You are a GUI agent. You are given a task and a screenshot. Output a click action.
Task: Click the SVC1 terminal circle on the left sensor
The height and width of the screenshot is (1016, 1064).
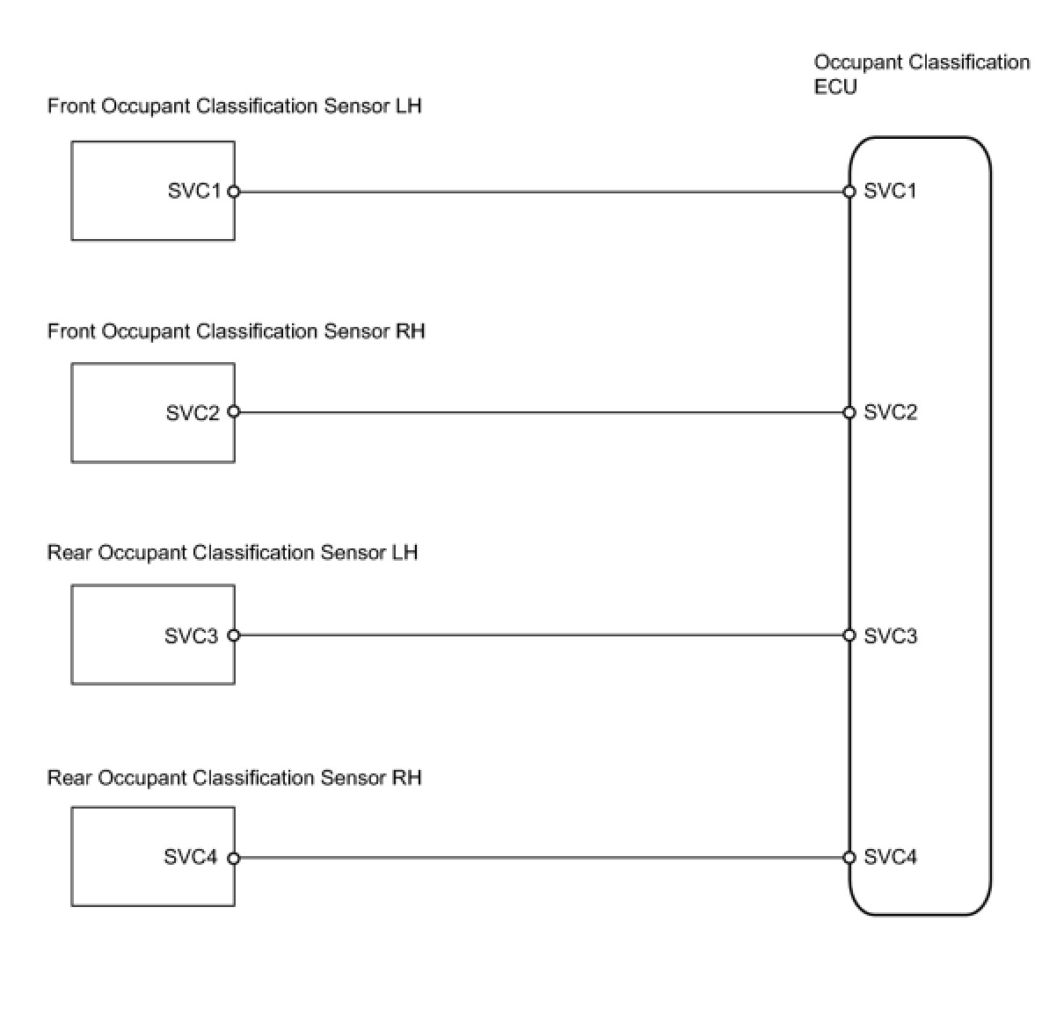pos(234,192)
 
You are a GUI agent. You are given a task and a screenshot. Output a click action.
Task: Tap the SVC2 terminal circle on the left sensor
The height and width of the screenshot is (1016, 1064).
pos(234,412)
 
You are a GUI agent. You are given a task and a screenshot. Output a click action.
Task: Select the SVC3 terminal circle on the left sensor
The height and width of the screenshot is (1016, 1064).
pos(234,635)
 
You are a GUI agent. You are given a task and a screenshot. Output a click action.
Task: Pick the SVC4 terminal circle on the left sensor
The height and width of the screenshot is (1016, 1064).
pos(234,858)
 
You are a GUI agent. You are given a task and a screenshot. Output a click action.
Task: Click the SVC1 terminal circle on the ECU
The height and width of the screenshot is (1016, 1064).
pos(849,192)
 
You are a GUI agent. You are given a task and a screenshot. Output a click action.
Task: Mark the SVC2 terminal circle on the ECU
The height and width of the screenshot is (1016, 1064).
pos(849,412)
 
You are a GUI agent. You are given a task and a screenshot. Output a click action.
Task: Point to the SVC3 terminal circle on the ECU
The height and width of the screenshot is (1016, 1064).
pos(849,635)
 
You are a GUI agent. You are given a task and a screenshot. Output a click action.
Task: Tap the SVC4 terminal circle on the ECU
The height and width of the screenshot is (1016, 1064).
pos(849,858)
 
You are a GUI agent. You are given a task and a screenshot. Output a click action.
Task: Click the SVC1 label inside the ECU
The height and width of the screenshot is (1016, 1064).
pos(890,191)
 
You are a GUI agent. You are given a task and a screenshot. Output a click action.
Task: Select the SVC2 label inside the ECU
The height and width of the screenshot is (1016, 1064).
pos(890,412)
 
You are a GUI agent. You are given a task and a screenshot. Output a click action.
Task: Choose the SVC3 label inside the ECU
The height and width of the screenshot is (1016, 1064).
pos(890,635)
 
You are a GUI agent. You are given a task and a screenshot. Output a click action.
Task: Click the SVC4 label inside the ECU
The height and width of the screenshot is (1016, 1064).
pos(890,856)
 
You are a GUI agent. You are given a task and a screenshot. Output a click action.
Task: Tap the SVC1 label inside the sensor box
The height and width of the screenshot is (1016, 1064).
pos(194,191)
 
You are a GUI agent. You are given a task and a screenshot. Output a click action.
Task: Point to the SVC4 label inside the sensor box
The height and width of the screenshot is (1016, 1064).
pos(190,856)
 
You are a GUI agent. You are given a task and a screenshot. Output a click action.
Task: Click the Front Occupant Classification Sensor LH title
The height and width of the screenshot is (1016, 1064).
pos(235,106)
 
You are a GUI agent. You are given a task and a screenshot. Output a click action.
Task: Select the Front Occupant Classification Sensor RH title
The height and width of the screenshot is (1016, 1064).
pos(237,331)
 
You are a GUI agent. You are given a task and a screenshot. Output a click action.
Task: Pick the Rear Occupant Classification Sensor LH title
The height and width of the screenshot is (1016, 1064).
pos(232,553)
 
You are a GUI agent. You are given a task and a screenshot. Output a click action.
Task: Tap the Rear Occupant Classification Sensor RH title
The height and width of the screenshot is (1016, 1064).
pos(235,778)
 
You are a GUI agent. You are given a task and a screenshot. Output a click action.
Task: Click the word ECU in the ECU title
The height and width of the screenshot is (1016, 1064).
pos(834,87)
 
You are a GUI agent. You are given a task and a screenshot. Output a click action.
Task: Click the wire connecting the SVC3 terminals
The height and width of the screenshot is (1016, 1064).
pos(542,635)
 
